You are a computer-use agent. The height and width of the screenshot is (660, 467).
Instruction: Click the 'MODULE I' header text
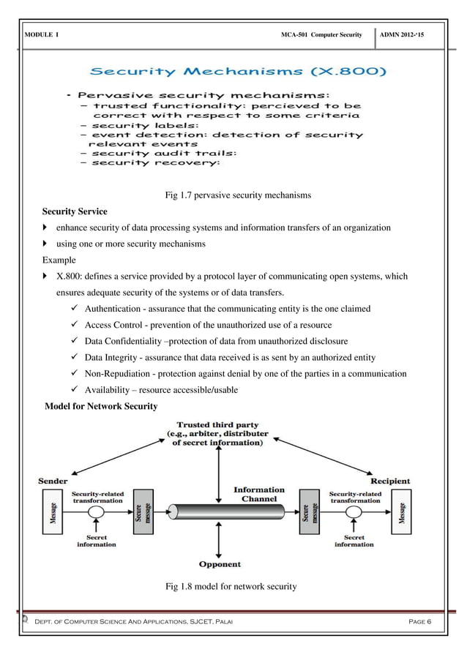pos(42,35)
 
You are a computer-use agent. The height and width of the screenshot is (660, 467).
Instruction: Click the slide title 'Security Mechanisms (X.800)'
pos(239,72)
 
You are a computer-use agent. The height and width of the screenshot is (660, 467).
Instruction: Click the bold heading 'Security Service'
pos(75,211)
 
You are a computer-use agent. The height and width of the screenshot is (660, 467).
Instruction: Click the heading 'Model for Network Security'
pos(101,406)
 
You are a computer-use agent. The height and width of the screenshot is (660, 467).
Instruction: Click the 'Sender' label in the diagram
pos(53,481)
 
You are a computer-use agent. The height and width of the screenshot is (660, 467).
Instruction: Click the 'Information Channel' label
pos(258,494)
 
